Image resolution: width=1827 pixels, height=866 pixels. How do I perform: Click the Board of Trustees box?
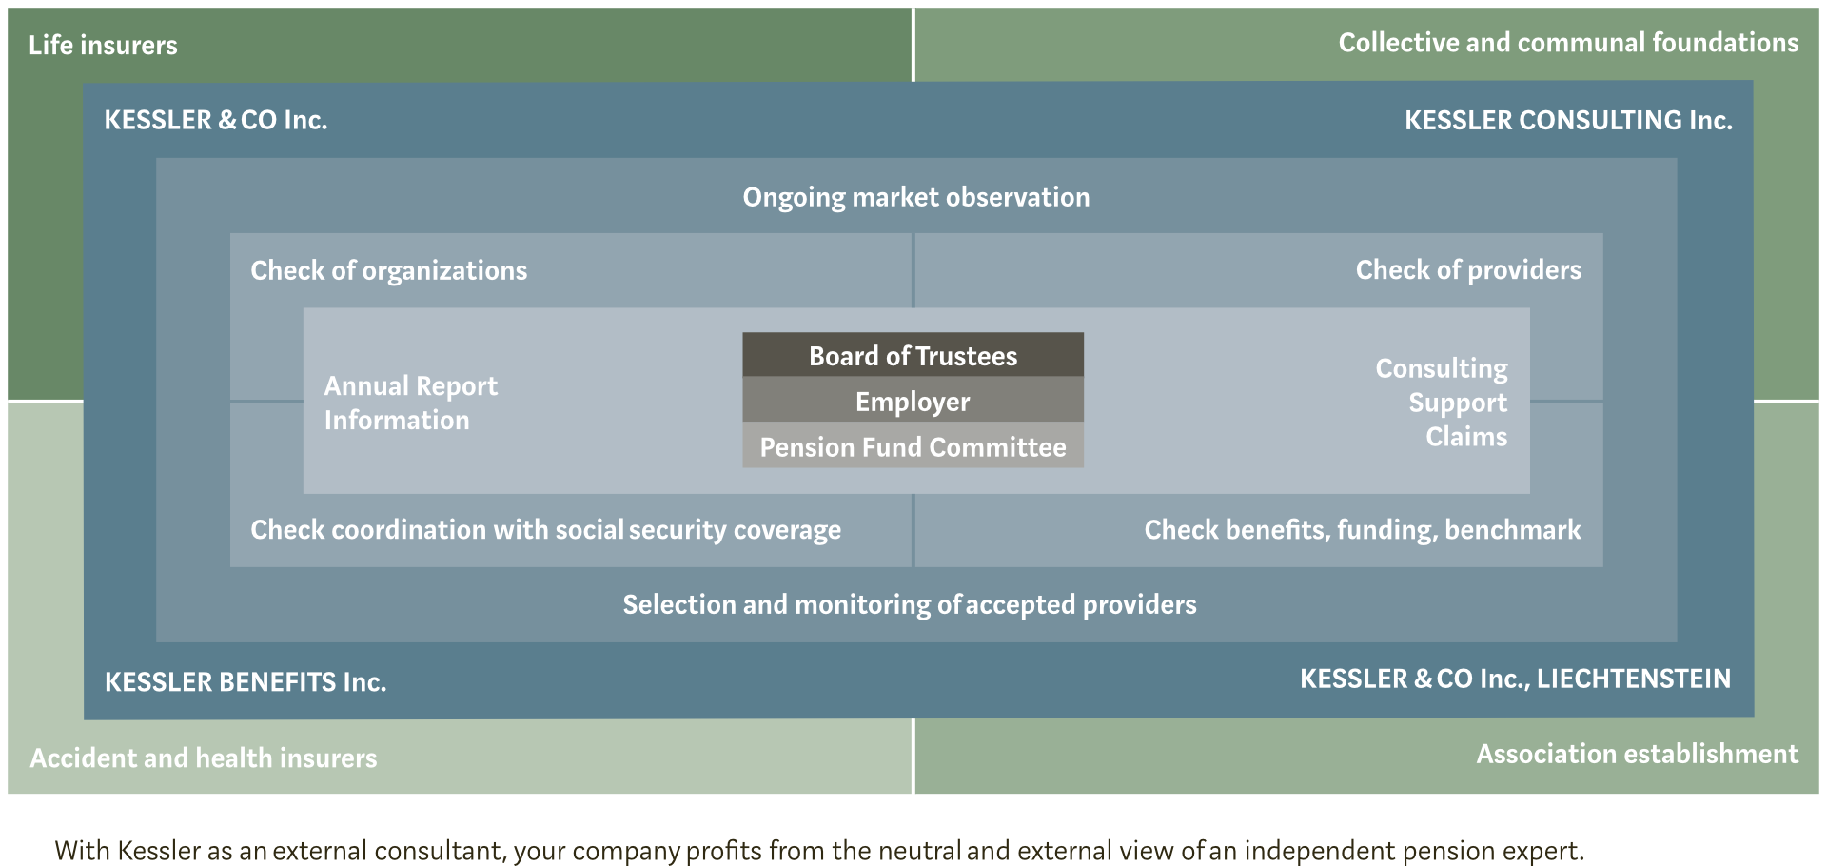pos(913,355)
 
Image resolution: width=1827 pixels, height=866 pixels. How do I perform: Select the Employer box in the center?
pos(913,401)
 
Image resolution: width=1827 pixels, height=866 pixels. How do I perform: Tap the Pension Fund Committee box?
pos(913,445)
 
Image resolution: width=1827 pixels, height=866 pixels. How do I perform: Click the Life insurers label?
pos(103,45)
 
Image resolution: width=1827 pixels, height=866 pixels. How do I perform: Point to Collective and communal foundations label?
pos(1568,43)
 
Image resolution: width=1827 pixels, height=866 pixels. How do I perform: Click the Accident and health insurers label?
pos(204,758)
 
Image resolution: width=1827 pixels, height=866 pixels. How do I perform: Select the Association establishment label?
pos(1638,754)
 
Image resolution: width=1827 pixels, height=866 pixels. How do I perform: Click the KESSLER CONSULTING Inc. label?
pos(1568,120)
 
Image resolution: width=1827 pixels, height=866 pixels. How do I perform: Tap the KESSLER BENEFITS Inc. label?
pos(246,681)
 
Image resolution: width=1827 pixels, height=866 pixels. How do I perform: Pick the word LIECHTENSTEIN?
pos(1634,679)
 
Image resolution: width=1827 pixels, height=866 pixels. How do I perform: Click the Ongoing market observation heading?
pos(916,197)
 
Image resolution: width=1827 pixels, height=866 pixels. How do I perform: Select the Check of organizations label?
pos(388,270)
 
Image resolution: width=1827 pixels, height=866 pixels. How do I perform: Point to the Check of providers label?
pos(1468,270)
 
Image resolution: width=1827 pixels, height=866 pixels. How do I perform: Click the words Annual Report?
pos(410,385)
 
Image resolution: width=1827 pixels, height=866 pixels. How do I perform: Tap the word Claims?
pos(1466,436)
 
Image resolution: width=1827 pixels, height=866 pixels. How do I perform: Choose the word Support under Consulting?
pos(1458,403)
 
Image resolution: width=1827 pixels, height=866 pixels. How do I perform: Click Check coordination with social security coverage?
pos(545,529)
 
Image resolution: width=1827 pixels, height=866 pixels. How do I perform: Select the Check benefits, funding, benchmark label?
pos(1363,529)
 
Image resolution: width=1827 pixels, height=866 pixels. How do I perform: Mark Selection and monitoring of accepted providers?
pos(910,604)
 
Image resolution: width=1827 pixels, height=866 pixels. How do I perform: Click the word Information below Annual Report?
pos(397,420)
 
